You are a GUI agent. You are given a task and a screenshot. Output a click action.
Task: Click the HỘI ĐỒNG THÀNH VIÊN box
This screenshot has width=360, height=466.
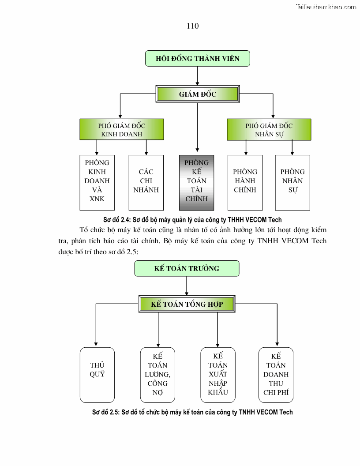[198, 58]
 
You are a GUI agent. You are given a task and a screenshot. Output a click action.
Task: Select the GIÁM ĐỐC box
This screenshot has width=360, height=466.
[198, 94]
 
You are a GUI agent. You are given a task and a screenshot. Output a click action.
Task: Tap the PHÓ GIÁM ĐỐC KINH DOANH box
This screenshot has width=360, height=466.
[121, 130]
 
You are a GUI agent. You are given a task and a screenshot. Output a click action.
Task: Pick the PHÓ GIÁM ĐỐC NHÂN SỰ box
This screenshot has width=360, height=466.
[269, 130]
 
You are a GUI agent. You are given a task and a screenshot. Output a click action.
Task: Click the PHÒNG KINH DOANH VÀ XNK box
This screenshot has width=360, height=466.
[97, 182]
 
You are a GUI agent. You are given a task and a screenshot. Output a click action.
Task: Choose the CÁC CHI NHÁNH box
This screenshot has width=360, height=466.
[146, 182]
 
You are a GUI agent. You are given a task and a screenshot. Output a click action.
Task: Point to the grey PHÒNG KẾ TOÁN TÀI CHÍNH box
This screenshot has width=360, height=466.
[196, 182]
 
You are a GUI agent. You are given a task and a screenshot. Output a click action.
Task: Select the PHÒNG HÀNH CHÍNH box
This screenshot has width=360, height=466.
[245, 182]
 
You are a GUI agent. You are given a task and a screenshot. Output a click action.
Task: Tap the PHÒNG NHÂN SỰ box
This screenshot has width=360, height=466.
[292, 182]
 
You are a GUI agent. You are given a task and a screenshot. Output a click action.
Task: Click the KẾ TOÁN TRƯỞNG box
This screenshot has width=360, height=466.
[187, 268]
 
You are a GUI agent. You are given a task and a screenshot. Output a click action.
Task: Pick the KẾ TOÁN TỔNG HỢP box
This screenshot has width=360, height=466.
[187, 304]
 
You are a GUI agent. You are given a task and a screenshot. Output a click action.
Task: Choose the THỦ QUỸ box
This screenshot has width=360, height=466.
[97, 375]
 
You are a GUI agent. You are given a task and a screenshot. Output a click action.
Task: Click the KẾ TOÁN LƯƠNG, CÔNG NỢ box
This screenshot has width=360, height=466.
[157, 375]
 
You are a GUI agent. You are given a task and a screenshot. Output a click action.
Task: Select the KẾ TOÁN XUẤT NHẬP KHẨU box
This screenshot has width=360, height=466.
[218, 375]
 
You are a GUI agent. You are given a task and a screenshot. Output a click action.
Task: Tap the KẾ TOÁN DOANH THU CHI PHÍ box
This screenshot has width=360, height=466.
[276, 375]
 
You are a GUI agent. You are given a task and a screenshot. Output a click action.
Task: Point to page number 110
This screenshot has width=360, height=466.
[193, 26]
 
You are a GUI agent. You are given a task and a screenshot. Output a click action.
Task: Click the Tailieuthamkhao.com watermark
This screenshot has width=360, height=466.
[326, 7]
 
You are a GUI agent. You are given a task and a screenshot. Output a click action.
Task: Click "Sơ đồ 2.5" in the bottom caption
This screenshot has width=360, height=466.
[106, 412]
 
